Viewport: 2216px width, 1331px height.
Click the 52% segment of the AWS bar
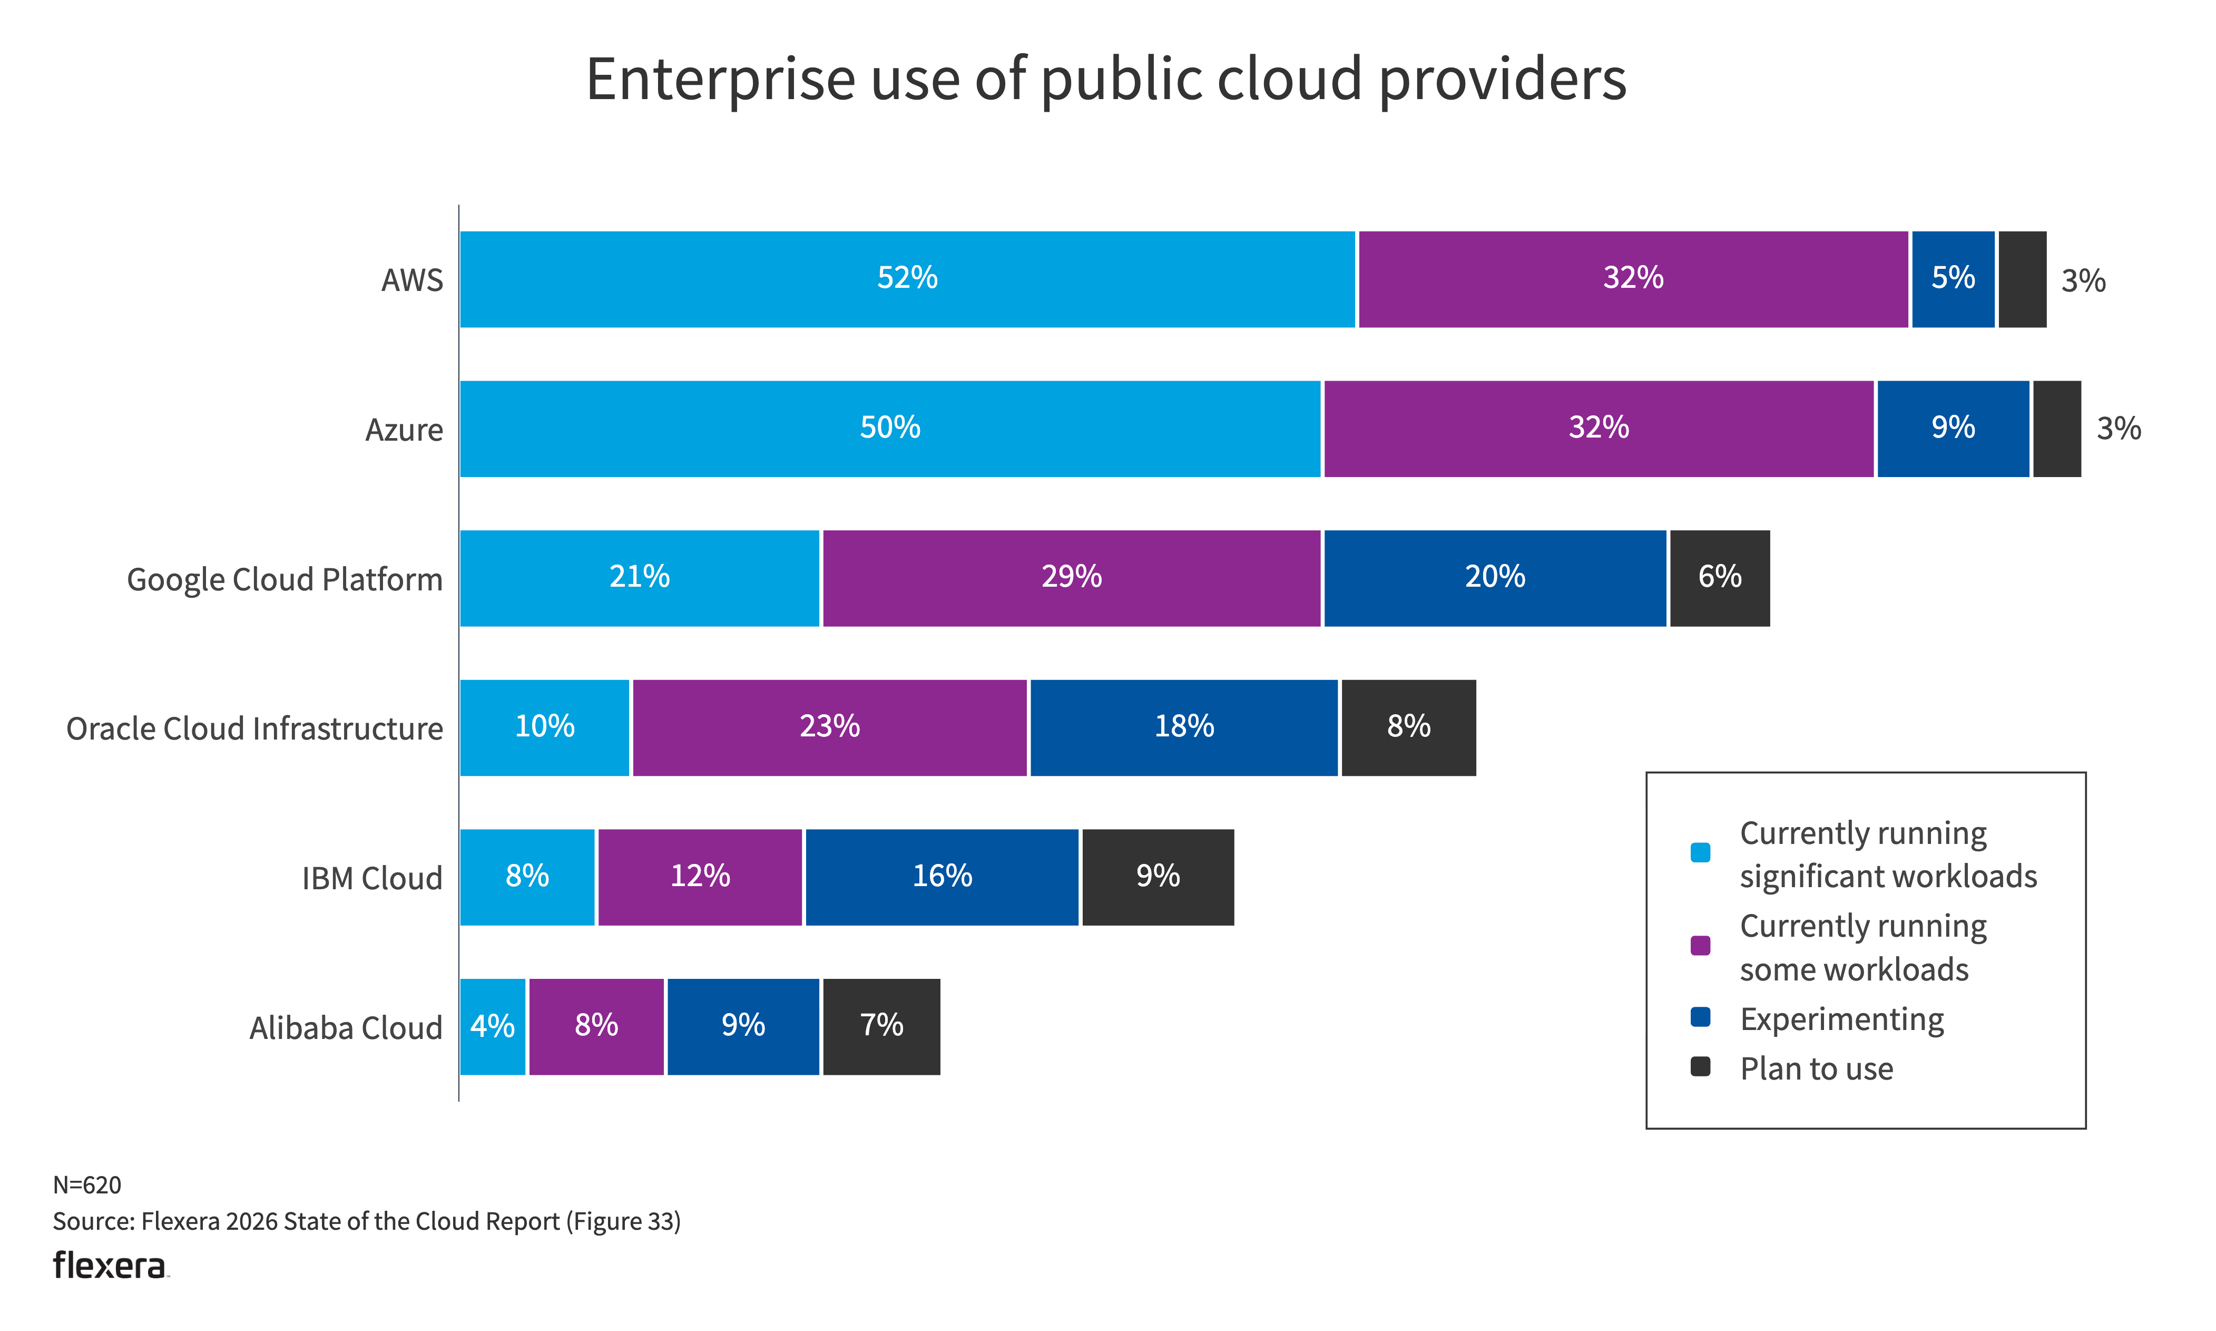click(x=907, y=279)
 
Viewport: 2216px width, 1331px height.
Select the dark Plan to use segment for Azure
click(x=2056, y=429)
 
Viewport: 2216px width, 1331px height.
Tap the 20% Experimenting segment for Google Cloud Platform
click(x=1494, y=578)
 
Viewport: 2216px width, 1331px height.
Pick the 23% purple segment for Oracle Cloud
click(x=829, y=727)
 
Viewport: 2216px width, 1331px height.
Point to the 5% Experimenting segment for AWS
click(x=1953, y=279)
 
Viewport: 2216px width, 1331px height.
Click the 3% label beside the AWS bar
click(x=2082, y=281)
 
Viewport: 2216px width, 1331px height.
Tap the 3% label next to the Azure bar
click(x=2117, y=429)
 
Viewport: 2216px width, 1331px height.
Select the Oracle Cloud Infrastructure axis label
click(x=254, y=729)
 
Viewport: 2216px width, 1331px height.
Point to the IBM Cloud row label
click(x=372, y=878)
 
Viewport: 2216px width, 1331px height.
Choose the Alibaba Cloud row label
click(x=346, y=1028)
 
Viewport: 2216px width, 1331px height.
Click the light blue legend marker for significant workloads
click(x=1700, y=852)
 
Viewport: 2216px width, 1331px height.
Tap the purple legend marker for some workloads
click(x=1700, y=945)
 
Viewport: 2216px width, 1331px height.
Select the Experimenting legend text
click(x=1841, y=1020)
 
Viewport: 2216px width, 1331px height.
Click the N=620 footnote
click(x=87, y=1185)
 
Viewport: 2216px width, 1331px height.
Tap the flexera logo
click(x=110, y=1266)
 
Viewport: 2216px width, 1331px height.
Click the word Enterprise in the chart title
click(x=720, y=79)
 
